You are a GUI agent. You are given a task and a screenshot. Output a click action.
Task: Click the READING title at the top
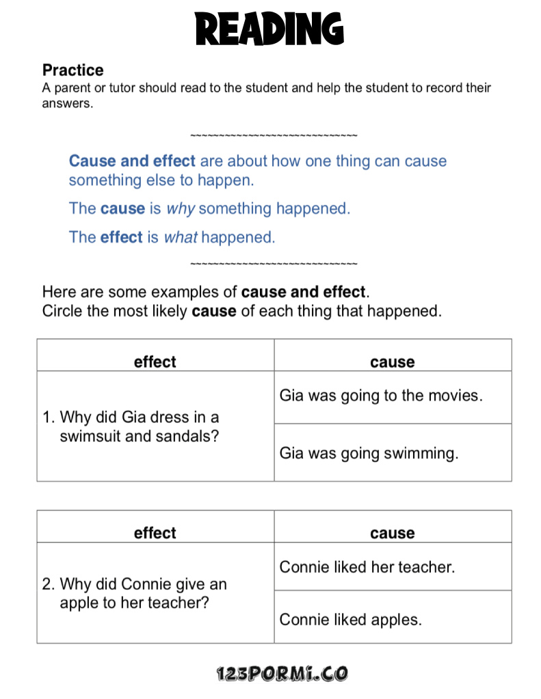269,29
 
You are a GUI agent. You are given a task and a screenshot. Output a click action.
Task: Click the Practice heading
72,70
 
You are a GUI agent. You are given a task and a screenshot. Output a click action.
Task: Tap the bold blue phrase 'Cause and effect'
132,161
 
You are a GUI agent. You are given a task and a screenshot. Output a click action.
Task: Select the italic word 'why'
181,209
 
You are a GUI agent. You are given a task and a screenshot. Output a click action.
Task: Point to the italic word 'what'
181,238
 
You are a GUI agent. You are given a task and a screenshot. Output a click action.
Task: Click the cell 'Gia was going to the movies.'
381,396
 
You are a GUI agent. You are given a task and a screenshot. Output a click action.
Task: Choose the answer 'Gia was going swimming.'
369,453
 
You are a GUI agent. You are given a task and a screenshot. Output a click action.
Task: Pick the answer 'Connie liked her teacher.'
367,567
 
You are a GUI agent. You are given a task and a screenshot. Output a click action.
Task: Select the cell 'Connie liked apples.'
350,620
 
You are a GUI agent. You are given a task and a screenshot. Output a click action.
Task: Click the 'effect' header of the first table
155,362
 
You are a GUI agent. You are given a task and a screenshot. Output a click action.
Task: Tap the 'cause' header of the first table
393,362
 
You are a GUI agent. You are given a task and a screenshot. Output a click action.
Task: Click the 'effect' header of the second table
155,533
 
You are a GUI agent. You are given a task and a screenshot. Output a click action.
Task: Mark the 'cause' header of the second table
393,533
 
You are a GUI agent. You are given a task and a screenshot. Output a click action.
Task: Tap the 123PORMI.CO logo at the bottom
282,674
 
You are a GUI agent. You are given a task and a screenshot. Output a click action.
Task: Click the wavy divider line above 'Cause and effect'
274,135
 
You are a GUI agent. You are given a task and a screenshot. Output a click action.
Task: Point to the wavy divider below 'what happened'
274,264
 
